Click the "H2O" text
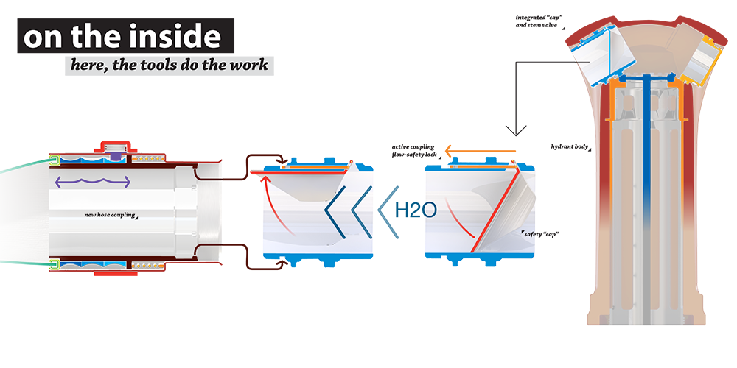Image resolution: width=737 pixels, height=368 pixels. click(416, 209)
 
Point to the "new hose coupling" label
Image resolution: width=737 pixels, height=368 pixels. click(109, 216)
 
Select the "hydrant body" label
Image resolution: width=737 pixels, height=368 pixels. click(569, 146)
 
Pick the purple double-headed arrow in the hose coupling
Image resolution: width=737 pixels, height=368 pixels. click(91, 181)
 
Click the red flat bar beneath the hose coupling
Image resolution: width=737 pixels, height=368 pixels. click(116, 274)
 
